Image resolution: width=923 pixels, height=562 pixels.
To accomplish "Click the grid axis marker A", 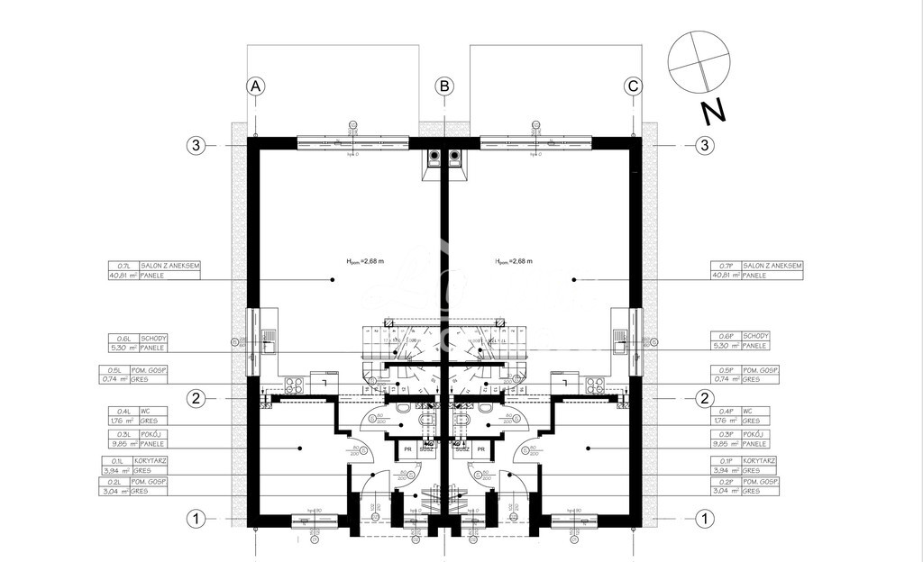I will pos(256,86).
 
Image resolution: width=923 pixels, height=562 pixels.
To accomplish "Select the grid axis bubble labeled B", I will pos(444,86).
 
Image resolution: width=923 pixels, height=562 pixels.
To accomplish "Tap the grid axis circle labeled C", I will pos(634,86).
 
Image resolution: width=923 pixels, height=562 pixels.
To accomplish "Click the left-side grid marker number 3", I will pos(196,145).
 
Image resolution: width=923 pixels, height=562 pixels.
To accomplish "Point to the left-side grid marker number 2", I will pos(196,398).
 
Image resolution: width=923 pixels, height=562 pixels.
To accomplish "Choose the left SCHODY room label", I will pos(153,337).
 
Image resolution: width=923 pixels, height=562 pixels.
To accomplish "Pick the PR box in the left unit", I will pos(407,449).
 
